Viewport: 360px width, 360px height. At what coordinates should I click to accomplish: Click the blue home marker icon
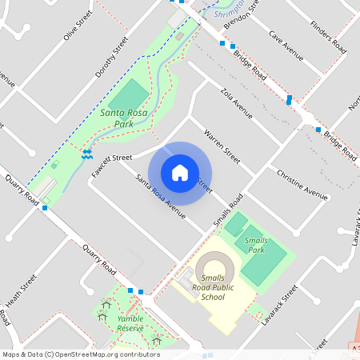180,173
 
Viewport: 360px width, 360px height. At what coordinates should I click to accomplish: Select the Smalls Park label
256,245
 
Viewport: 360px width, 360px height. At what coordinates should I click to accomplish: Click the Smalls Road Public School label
213,287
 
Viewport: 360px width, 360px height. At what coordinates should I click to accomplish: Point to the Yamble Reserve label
130,323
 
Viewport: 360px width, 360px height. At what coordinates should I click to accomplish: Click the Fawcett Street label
112,158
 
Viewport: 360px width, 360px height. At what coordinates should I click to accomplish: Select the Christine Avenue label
302,184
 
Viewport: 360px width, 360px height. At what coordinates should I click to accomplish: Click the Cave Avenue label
286,46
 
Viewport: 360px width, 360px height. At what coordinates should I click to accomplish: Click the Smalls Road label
227,210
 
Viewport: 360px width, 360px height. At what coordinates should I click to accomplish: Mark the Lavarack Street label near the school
279,305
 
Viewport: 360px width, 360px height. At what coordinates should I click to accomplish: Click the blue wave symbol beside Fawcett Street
86,152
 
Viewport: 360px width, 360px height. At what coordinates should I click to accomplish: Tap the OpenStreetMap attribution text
81,354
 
